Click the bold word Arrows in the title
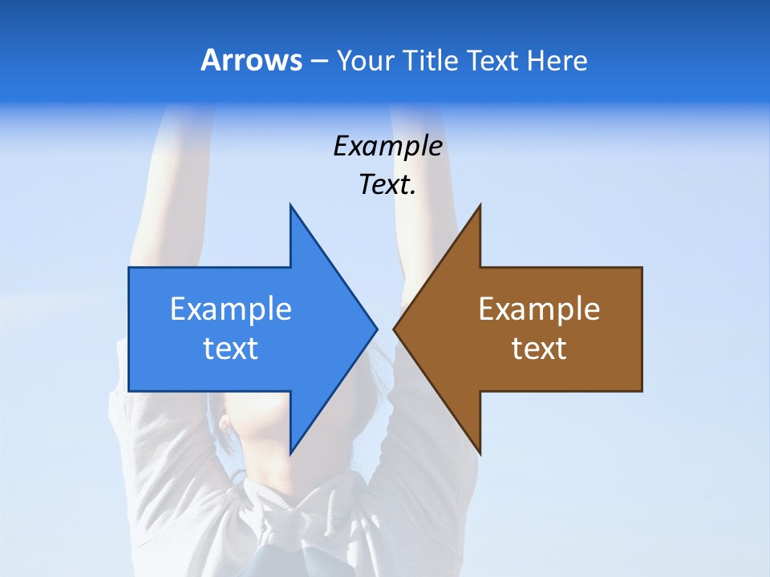(251, 60)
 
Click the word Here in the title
(557, 60)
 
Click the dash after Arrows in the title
(318, 61)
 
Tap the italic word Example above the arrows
(387, 146)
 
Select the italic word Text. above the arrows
(386, 185)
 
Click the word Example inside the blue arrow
(230, 309)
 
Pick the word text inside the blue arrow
(230, 348)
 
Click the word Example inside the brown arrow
(539, 309)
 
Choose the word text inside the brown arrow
(539, 348)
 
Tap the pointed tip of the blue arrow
(376, 329)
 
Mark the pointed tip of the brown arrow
(395, 329)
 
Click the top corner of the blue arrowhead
(290, 205)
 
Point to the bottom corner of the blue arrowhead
(290, 454)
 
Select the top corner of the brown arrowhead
(480, 205)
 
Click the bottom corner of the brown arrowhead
(480, 454)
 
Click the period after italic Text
(413, 193)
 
